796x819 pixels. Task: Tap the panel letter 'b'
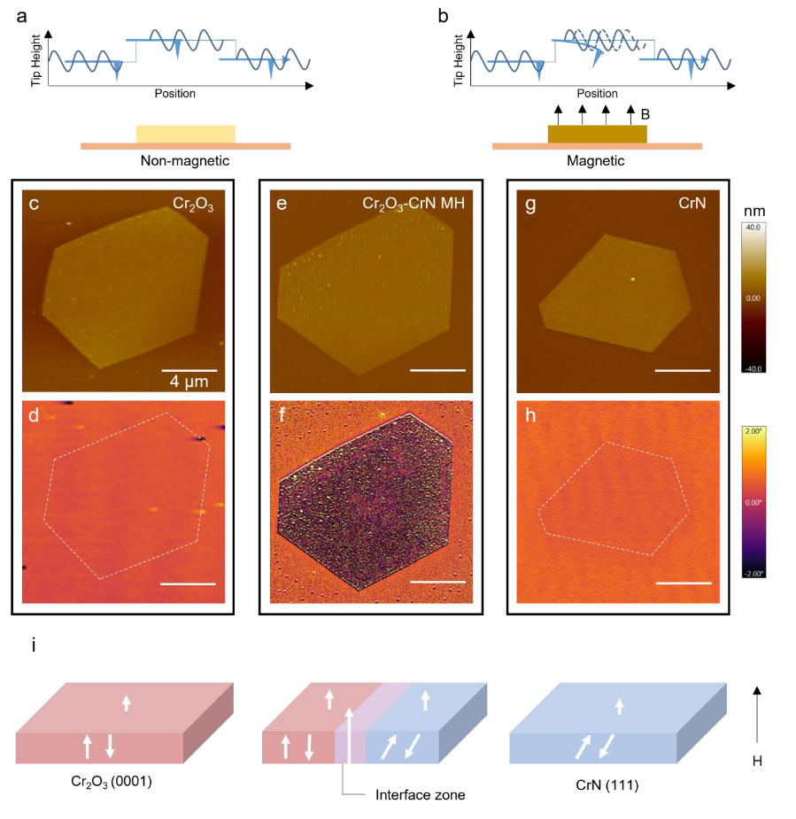(x=443, y=14)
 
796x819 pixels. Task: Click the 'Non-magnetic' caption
(x=185, y=162)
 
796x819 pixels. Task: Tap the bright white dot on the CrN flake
(x=633, y=278)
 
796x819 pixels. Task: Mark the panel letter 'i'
(x=35, y=645)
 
